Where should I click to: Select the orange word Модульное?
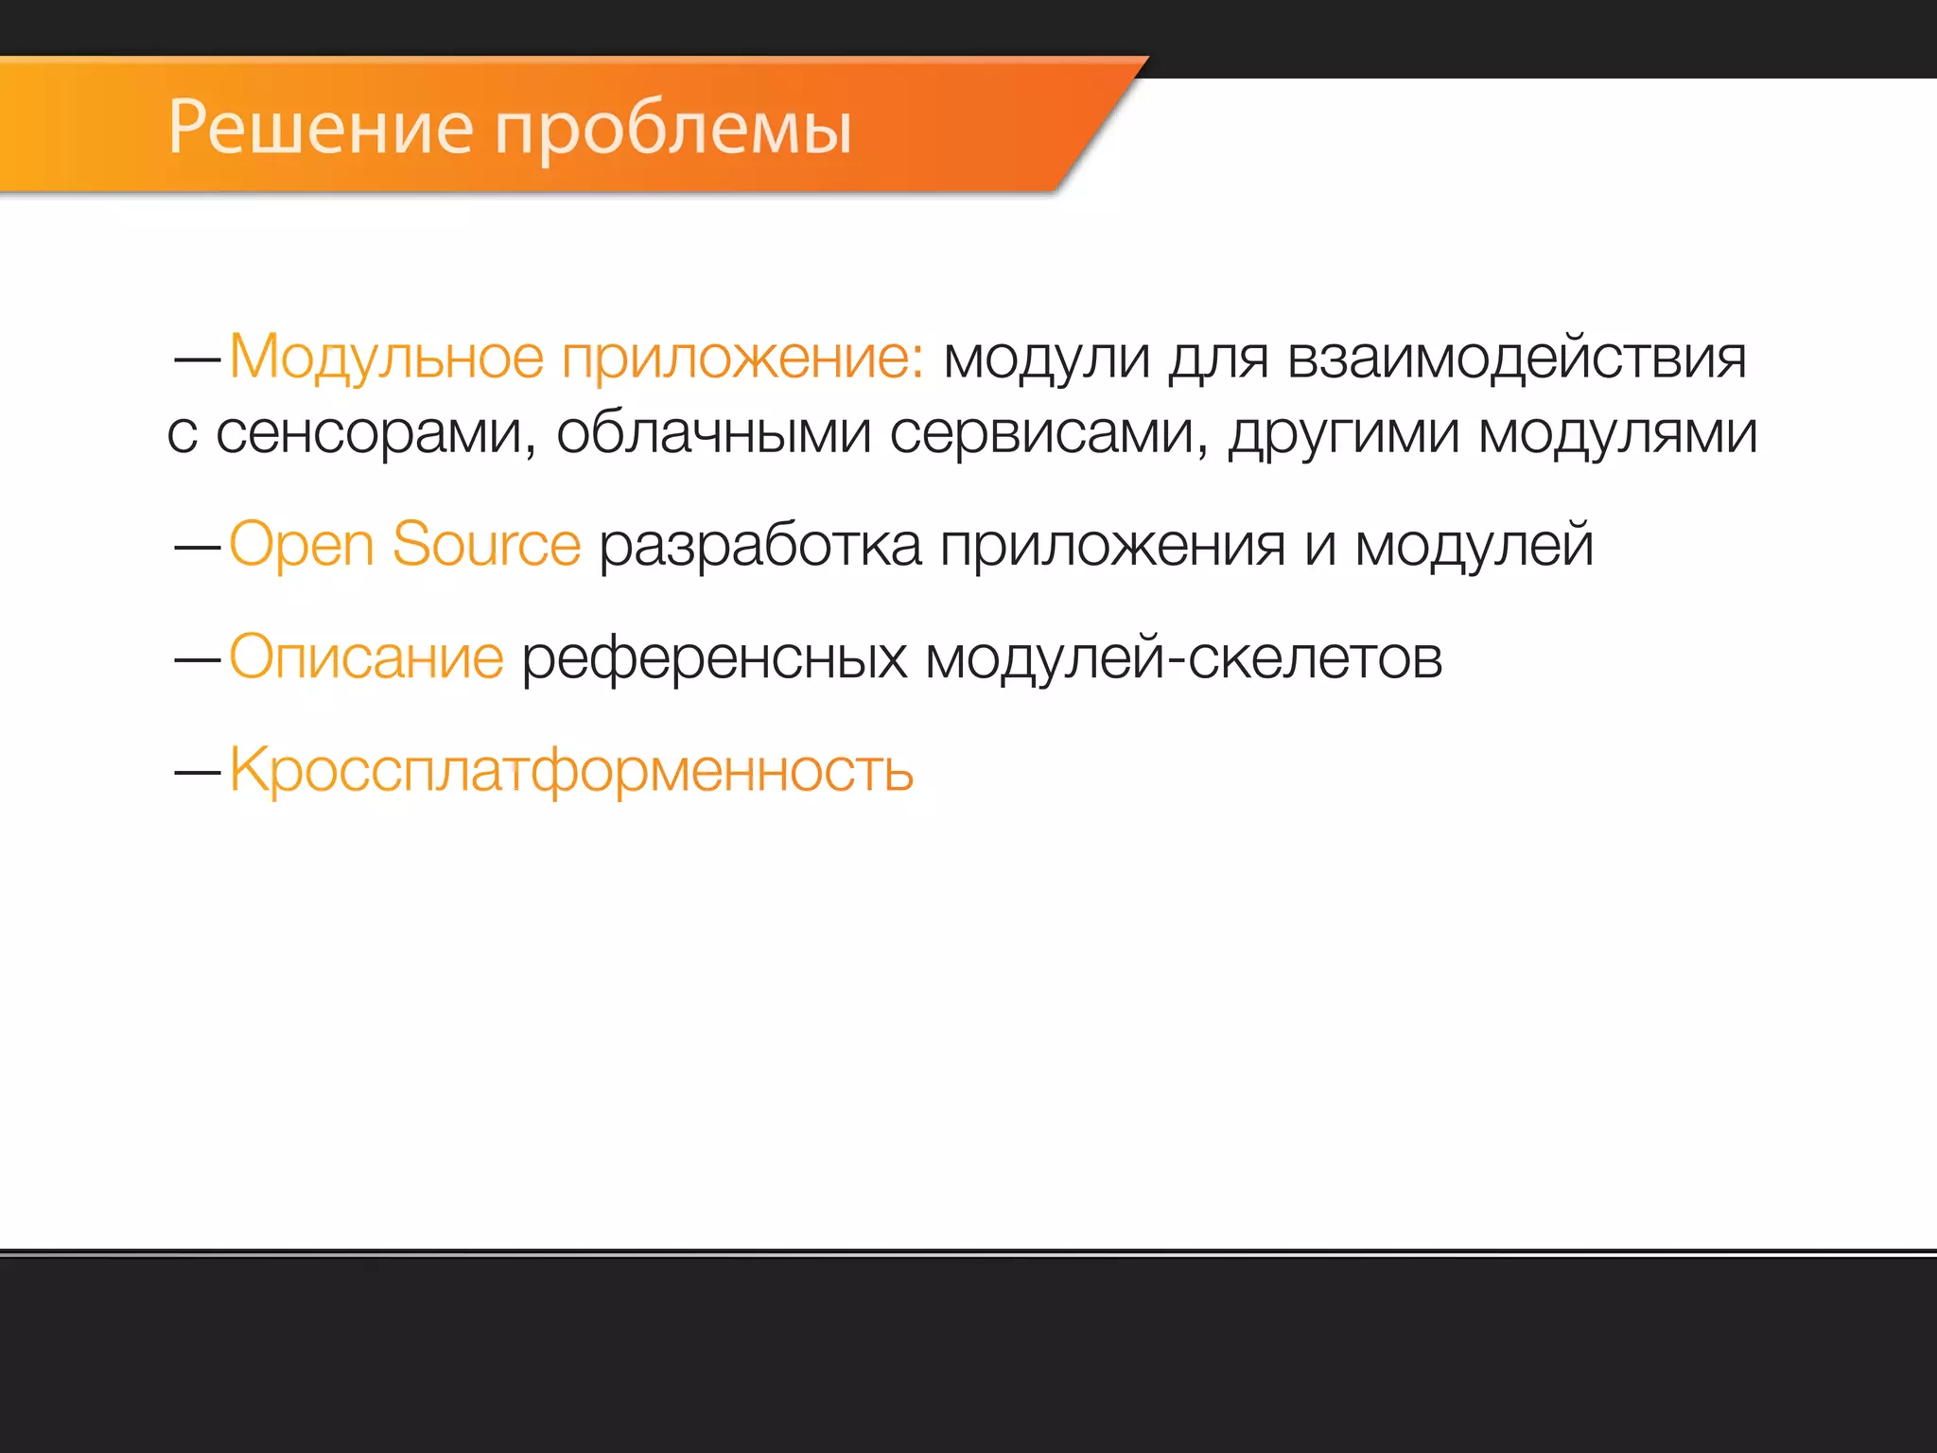click(x=387, y=359)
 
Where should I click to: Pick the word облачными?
click(x=713, y=434)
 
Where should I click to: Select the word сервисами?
click(x=1049, y=434)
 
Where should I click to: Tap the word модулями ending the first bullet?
click(x=1617, y=434)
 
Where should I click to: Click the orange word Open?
click(x=302, y=547)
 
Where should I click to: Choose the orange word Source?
click(x=486, y=545)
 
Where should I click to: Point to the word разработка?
click(x=760, y=547)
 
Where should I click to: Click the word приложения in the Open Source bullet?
click(x=1112, y=547)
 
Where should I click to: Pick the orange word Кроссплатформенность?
click(x=571, y=771)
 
